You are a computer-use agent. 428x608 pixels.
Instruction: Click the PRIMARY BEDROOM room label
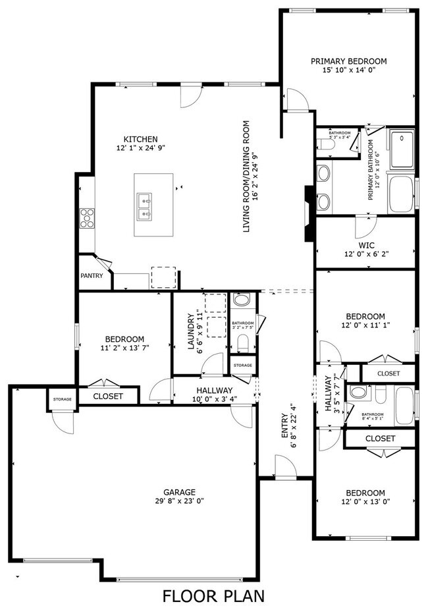click(x=348, y=61)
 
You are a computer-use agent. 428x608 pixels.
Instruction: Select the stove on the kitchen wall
click(x=87, y=218)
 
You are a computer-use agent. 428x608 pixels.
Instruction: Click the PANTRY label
click(x=92, y=276)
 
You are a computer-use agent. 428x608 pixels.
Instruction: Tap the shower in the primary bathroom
click(x=401, y=150)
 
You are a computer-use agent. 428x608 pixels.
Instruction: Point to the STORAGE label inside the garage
click(x=62, y=399)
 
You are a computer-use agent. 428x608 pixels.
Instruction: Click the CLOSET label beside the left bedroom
click(x=109, y=396)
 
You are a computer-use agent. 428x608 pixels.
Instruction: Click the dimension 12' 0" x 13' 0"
click(x=365, y=501)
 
